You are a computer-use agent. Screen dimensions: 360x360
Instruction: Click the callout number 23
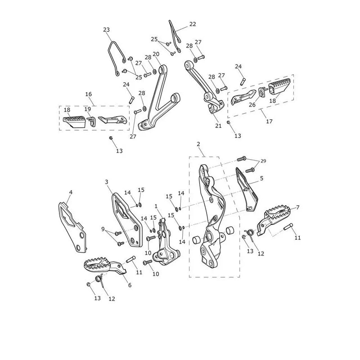pos(106,30)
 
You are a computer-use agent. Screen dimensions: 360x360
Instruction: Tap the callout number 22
pos(193,24)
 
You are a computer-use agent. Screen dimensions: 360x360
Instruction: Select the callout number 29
pos(263,161)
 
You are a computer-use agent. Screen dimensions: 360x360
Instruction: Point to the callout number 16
pos(88,94)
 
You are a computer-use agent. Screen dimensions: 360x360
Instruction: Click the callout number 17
pos(269,121)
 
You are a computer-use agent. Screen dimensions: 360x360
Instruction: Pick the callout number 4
pos(71,192)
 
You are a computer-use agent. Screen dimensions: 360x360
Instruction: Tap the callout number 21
pos(218,126)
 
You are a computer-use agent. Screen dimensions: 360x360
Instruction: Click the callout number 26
pos(252,105)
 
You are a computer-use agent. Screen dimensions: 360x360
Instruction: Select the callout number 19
pos(87,109)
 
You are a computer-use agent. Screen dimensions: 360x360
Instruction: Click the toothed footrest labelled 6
pos(104,266)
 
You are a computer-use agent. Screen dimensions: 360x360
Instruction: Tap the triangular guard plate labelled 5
pos(247,189)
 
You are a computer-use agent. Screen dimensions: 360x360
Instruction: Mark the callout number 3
pos(107,182)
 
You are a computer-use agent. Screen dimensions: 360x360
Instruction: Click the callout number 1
pos(156,207)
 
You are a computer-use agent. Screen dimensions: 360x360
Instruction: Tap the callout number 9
pos(103,229)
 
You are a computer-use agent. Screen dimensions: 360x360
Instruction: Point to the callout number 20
pos(156,54)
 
